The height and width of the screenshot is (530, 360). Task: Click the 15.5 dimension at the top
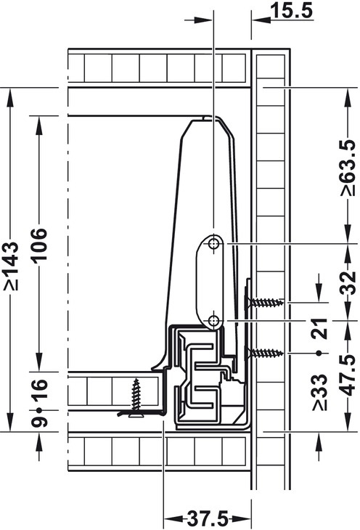[292, 11]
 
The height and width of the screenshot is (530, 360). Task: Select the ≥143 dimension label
[11, 266]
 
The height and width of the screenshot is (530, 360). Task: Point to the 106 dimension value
[38, 244]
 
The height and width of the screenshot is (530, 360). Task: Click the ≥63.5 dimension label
[349, 168]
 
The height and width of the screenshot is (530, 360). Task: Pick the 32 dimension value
[349, 282]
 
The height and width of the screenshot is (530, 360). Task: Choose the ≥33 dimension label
[320, 392]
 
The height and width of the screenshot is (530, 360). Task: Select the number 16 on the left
[38, 390]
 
